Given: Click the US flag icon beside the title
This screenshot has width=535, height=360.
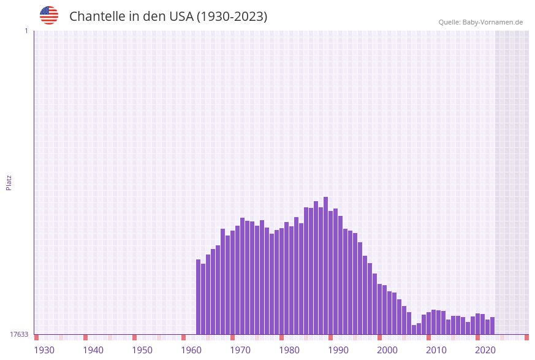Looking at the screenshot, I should click(49, 15).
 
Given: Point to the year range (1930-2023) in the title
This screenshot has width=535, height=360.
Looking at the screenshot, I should click(232, 17).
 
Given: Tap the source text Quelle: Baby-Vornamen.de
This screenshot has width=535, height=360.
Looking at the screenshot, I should click(480, 22).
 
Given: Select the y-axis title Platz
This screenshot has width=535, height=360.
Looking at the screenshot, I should click(9, 182).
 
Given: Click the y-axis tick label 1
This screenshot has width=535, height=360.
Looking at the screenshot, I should click(26, 31).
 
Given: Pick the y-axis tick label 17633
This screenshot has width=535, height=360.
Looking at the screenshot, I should click(19, 334).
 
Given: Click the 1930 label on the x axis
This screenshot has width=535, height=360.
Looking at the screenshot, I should click(44, 350).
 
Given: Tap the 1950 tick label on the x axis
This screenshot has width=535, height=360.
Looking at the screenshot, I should click(142, 350).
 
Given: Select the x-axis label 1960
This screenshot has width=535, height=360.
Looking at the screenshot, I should click(191, 350).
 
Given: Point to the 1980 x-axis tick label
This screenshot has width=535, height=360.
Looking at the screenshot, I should click(289, 350).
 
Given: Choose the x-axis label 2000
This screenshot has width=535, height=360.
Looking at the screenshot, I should click(387, 350).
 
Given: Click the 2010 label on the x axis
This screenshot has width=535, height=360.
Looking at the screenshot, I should click(436, 350).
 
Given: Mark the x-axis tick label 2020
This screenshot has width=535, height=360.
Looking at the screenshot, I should click(485, 350).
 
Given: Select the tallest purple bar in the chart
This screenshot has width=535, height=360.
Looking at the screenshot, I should click(326, 266).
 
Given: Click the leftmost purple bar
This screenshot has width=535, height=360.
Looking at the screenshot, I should click(199, 297).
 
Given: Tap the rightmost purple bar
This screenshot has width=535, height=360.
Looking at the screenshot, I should click(493, 326).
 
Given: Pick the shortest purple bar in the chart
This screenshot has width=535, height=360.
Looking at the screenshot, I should click(414, 330).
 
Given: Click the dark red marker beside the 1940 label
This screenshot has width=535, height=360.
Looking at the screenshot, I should click(86, 337).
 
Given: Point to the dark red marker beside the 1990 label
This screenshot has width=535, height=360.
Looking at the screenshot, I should click(331, 337).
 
